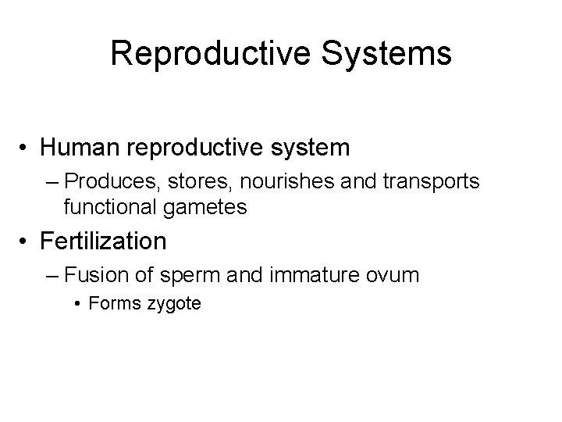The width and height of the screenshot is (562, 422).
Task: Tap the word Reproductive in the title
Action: click(x=208, y=53)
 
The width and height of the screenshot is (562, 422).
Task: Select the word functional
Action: click(x=105, y=207)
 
